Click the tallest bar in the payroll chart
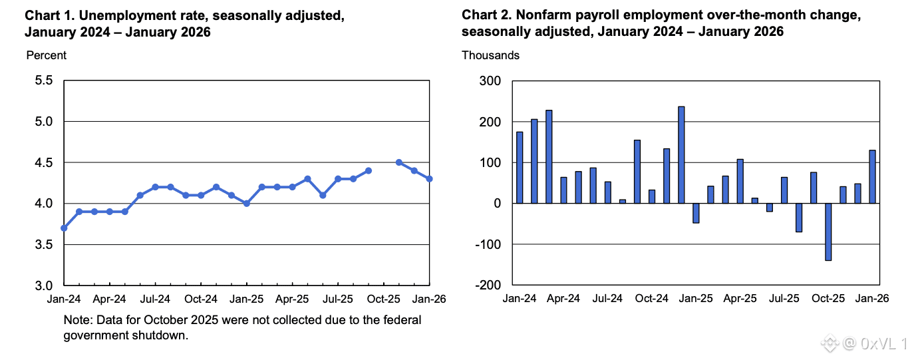coord(681,155)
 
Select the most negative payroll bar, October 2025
coord(828,232)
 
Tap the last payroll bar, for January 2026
coord(872,177)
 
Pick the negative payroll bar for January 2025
coord(696,213)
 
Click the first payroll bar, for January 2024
coord(520,167)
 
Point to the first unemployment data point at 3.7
coord(64,228)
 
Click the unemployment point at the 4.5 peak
coord(399,162)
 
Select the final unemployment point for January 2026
coord(429,179)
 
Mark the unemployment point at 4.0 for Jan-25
coord(246,203)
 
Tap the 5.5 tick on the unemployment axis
coord(44,81)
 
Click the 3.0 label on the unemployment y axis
coord(44,285)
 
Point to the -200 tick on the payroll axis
coord(488,285)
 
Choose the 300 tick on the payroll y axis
coord(490,81)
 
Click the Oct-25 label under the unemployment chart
coord(384,299)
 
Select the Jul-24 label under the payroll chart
coord(607,298)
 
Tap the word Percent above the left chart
coord(46,55)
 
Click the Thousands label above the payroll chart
coord(490,55)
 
